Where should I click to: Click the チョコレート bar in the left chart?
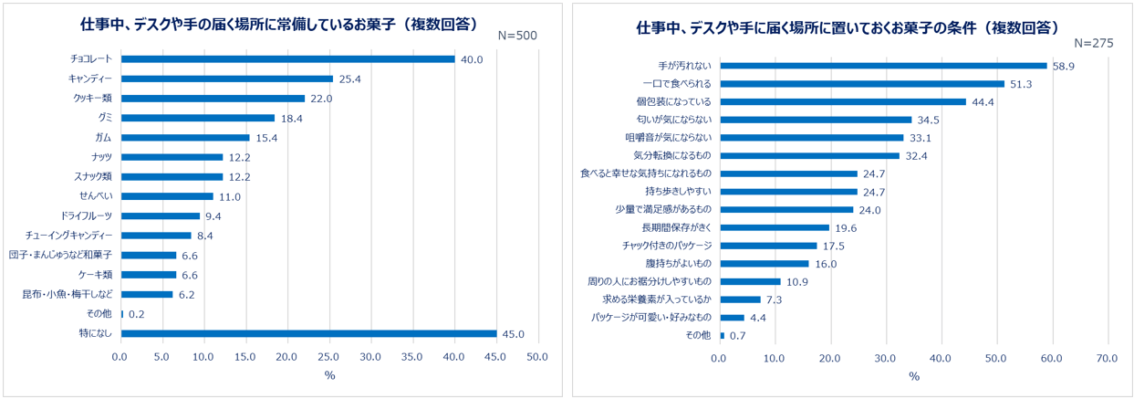point(287,59)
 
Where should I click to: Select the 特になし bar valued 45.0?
point(308,333)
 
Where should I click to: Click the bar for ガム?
point(185,138)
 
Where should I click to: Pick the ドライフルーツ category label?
point(87,215)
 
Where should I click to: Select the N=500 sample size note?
point(517,36)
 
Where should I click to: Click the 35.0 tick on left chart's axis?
point(412,356)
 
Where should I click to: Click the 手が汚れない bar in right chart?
point(883,66)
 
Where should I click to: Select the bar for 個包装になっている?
point(843,101)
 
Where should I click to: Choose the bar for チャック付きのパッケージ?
point(768,246)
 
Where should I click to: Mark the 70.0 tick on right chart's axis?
point(1107,357)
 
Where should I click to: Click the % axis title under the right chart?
point(913,377)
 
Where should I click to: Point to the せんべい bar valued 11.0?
point(167,196)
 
